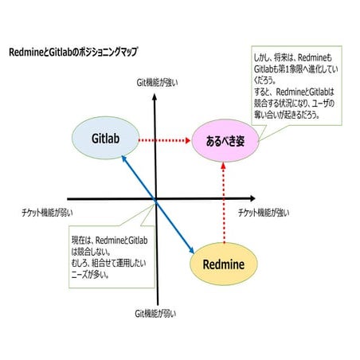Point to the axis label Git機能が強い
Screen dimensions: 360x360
(156, 80)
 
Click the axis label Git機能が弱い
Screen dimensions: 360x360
(156, 313)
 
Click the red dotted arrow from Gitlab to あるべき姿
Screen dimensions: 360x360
(165, 140)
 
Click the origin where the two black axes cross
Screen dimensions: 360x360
(156, 199)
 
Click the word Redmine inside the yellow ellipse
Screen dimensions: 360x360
(224, 262)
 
